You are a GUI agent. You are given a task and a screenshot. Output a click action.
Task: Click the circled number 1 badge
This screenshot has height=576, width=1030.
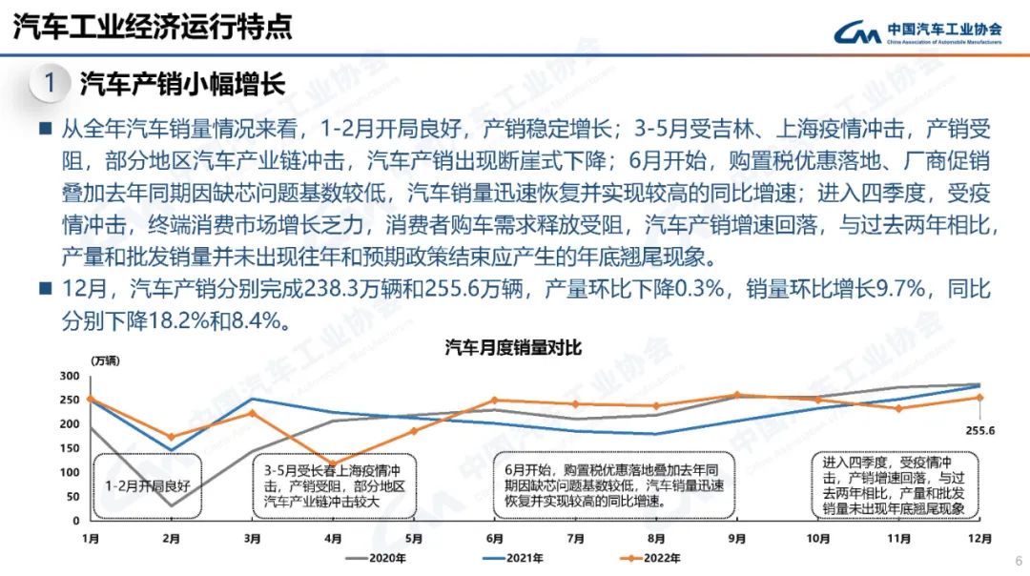pos(49,83)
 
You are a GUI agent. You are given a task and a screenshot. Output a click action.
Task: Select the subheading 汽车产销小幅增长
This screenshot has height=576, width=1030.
pos(182,83)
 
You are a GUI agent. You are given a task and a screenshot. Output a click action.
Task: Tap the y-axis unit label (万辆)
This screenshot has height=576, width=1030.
pos(106,360)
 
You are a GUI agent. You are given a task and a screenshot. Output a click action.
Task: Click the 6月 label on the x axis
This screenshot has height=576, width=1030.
pos(493,538)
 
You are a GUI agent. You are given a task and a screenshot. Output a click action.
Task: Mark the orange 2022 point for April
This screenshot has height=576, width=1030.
pos(332,463)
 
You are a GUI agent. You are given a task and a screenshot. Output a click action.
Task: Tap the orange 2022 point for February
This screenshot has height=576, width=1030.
pos(171,437)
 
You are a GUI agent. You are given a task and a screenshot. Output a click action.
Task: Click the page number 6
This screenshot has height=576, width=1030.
pos(1018,561)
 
